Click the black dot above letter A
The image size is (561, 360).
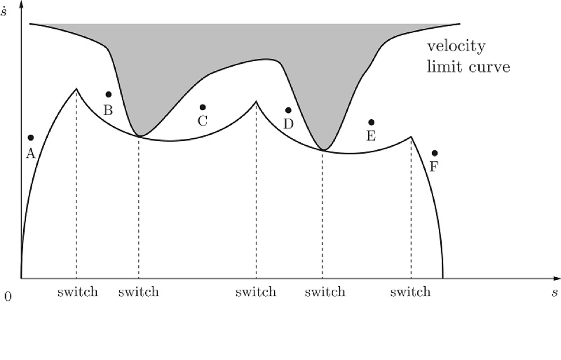point(31,138)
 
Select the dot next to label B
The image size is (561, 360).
point(108,94)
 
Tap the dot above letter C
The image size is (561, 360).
point(202,107)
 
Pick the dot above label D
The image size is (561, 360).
point(289,110)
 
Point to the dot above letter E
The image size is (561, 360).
point(372,122)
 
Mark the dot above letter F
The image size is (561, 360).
point(435,153)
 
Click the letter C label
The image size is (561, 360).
point(202,122)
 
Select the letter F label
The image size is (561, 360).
point(434,168)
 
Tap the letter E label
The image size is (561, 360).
point(371,137)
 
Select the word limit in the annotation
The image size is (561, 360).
point(442,66)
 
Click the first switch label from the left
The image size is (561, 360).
point(78,292)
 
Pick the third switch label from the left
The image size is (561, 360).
point(256,292)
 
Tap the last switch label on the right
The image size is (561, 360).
point(410,292)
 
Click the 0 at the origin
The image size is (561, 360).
point(7,296)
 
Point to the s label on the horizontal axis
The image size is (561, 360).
point(554,293)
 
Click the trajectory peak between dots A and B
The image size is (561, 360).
point(77,89)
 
